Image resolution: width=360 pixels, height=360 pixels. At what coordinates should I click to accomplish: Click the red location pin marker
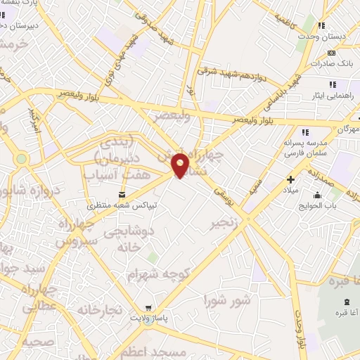(x=181, y=165)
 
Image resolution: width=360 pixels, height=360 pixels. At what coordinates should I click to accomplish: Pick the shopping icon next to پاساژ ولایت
(x=148, y=307)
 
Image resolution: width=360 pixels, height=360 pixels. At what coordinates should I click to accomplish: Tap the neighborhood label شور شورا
(x=226, y=301)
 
